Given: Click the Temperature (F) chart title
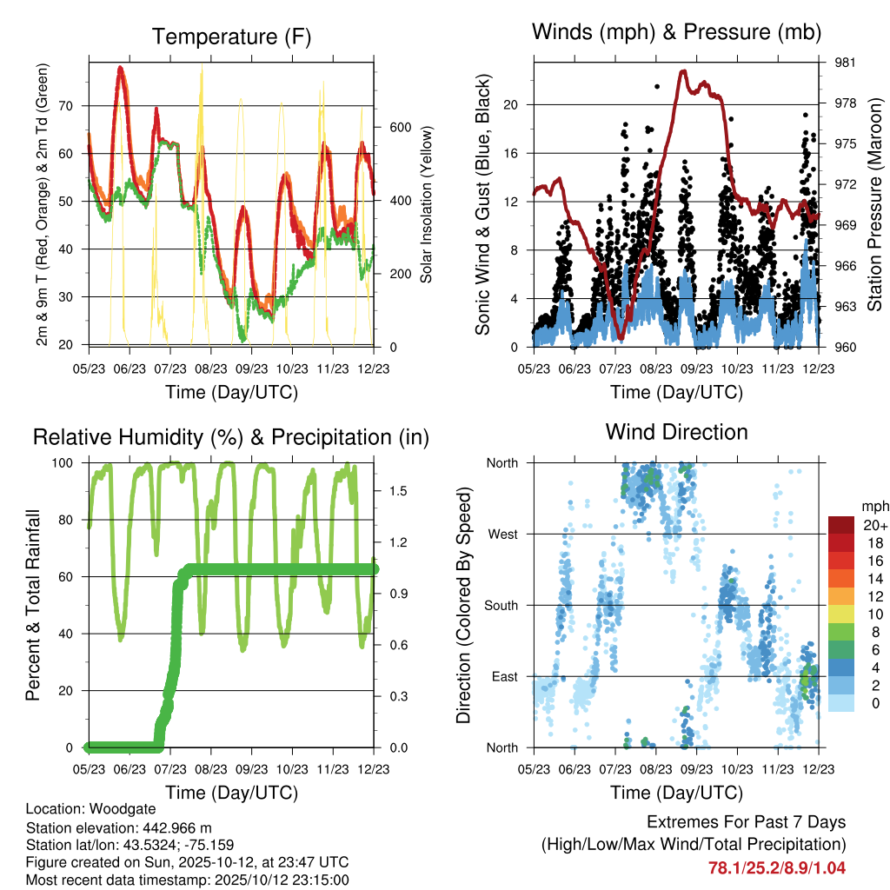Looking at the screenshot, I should pos(230,37).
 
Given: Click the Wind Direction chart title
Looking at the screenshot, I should pos(676,432).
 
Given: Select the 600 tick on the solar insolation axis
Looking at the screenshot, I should pos(399,127).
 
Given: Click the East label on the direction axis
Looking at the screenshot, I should pos(503,677).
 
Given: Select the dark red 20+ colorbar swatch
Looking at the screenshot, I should pos(841,525).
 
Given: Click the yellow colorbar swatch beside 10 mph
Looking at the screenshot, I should pos(841,614).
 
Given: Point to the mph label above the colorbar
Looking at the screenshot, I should pos(873,506).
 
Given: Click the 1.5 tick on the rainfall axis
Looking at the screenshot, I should pos(399,491).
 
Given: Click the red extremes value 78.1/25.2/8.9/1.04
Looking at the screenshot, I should pos(777,867).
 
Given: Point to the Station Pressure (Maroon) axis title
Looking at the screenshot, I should pos(874,204).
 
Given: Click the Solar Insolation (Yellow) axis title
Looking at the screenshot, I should pos(427,205).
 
